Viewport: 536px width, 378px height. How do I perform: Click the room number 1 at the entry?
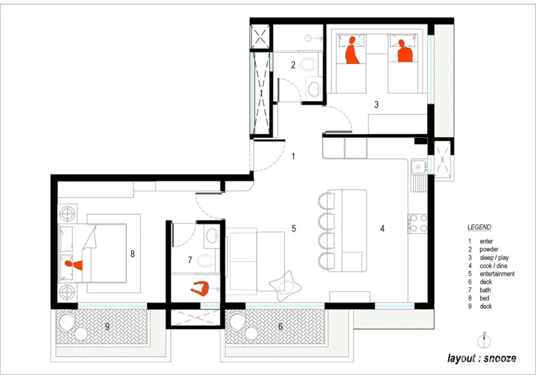click(293, 156)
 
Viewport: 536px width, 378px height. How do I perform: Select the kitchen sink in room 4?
click(418, 167)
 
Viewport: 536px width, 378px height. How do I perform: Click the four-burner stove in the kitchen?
click(418, 223)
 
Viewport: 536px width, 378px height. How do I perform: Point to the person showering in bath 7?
click(201, 289)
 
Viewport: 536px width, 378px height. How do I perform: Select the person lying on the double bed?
click(74, 264)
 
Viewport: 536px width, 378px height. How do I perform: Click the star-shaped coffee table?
click(285, 286)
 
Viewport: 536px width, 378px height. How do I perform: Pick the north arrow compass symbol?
click(484, 341)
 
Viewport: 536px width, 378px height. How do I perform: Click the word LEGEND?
click(479, 227)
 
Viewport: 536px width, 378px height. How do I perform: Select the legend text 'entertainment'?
click(497, 274)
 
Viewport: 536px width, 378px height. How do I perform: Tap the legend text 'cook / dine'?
click(493, 266)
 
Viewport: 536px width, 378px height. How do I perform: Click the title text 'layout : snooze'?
click(482, 358)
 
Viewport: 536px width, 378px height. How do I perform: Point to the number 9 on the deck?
click(107, 327)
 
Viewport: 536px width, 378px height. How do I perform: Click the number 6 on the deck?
click(280, 327)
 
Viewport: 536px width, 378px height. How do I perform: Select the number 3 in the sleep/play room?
click(376, 104)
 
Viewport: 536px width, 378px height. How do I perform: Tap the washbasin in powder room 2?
click(314, 89)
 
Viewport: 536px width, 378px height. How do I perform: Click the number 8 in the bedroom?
click(132, 254)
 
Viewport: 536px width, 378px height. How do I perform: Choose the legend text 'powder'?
click(489, 250)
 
